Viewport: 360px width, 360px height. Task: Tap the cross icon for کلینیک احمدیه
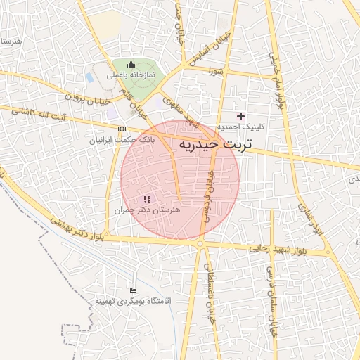tap(241, 115)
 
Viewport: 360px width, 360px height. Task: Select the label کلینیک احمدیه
tap(259, 127)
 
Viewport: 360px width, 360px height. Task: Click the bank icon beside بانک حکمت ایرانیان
tap(122, 129)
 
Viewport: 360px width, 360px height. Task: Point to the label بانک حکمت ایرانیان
tap(116, 141)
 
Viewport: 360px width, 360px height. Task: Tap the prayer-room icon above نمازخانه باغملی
tap(130, 65)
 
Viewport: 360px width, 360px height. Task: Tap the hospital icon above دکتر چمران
tap(146, 200)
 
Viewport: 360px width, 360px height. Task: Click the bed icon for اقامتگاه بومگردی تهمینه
tap(134, 290)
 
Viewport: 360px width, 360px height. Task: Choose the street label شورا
tap(215, 71)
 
